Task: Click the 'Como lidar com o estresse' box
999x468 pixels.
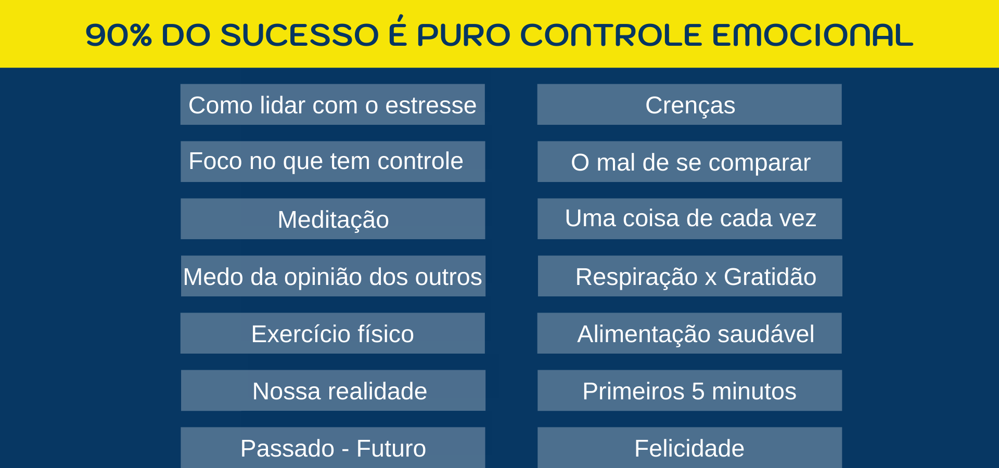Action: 332,105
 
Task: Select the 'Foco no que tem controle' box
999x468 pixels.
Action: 332,162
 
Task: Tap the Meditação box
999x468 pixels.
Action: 332,219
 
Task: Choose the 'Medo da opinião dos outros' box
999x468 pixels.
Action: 333,276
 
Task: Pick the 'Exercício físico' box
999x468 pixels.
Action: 332,333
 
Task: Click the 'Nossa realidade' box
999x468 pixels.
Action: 332,391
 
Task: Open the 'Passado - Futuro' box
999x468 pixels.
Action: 332,448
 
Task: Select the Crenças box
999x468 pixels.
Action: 689,105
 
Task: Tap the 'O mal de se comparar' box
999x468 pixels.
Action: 689,162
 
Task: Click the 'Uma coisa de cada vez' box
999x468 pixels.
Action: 689,219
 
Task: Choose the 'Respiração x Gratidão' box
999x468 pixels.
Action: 690,276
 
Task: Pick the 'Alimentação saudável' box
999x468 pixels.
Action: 689,333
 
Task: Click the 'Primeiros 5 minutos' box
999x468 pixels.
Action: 689,391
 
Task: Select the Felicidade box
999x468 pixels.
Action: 689,448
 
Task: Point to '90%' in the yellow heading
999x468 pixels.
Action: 119,35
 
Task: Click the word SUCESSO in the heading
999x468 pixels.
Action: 300,35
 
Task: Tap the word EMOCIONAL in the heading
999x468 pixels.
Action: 812,35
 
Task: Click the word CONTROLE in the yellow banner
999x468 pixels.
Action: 611,35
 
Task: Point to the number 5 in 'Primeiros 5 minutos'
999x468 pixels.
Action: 698,391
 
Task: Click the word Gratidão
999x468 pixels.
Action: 770,277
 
